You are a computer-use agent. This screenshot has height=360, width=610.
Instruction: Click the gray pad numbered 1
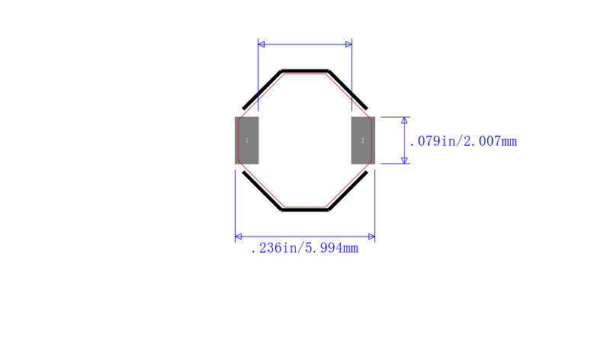pyautogui.click(x=246, y=140)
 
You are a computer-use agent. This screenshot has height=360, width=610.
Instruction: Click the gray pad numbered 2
pyautogui.click(x=363, y=140)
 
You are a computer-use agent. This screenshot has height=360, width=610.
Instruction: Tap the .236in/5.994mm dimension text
pyautogui.click(x=304, y=248)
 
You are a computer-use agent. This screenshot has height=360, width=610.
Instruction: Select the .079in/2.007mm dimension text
pyautogui.click(x=463, y=141)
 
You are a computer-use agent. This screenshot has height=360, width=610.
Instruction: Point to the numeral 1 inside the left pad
pyautogui.click(x=246, y=140)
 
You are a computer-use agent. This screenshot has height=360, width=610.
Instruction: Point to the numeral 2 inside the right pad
pyautogui.click(x=363, y=140)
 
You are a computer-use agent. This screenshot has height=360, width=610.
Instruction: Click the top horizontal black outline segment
pyautogui.click(x=305, y=71)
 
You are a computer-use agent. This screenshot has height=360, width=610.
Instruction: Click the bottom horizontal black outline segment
pyautogui.click(x=305, y=210)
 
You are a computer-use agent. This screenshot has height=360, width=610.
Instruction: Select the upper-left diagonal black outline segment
pyautogui.click(x=262, y=90)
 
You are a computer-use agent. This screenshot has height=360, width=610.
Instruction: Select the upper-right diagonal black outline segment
pyautogui.click(x=348, y=90)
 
